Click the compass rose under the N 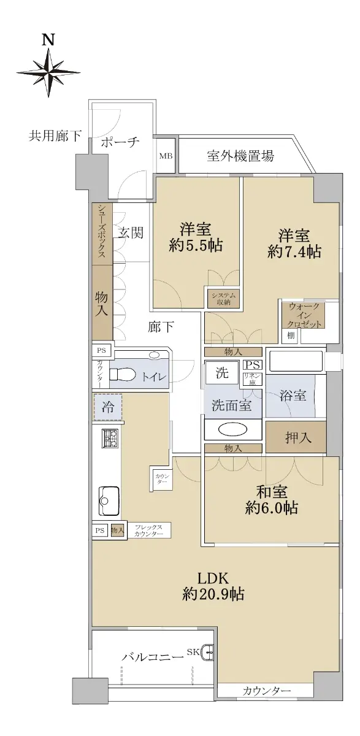48,72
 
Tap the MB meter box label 166,156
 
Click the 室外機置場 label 240,156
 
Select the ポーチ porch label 120,142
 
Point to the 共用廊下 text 55,136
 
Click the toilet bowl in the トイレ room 123,374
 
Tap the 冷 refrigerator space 108,407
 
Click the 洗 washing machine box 222,373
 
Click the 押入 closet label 298,437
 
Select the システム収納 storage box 223,299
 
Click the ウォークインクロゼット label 304,315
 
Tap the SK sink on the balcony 207,643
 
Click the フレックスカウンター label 148,531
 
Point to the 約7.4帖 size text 294,252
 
